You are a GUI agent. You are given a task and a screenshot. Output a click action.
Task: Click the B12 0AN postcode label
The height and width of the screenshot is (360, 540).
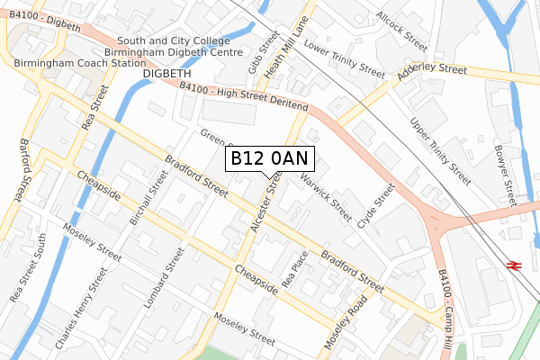(x=270, y=158)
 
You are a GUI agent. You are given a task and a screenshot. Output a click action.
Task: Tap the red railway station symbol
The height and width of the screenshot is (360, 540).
(x=515, y=265)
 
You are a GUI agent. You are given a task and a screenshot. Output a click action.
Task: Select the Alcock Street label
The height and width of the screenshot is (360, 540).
(x=402, y=30)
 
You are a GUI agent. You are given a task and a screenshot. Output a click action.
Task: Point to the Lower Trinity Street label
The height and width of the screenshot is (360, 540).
(x=344, y=57)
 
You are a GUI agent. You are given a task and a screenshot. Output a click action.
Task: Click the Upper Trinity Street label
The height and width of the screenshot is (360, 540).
(x=440, y=151)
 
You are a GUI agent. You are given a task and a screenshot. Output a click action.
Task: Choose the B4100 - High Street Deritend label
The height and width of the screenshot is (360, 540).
(x=243, y=98)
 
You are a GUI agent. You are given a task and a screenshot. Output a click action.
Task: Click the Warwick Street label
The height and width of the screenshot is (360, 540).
(x=326, y=198)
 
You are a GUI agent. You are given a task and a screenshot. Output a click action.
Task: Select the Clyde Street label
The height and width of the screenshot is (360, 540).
(x=376, y=206)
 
